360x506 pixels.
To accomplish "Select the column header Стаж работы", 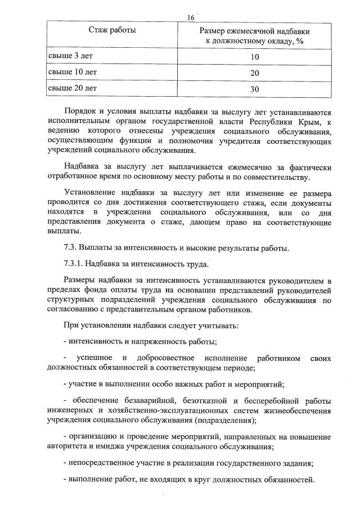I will (112, 29).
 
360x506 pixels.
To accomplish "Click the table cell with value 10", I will (255, 57).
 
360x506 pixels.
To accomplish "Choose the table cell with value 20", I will (255, 73).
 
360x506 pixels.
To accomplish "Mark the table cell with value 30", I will (255, 89).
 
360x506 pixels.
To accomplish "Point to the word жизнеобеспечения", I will (298, 410).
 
